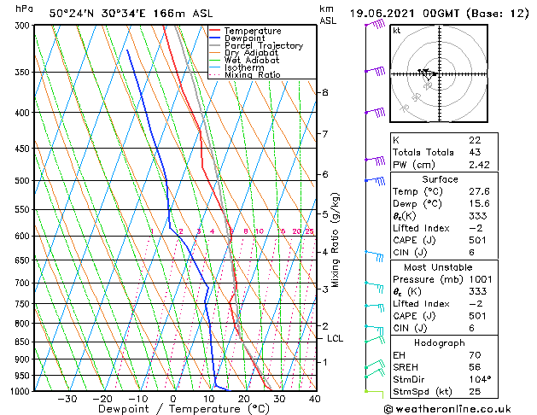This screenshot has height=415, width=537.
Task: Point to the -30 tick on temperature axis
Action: pyautogui.click(x=67, y=399)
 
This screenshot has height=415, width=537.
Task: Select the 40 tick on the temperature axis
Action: pyautogui.click(x=314, y=399)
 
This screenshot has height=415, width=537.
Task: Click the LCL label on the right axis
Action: pyautogui.click(x=336, y=339)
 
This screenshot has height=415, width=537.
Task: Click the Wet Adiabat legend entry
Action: pyautogui.click(x=250, y=61)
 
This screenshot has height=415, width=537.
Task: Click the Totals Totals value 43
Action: pyautogui.click(x=474, y=152)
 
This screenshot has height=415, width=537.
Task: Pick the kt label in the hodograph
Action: pyautogui.click(x=396, y=30)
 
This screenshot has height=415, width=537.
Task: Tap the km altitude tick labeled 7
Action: pyautogui.click(x=325, y=134)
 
